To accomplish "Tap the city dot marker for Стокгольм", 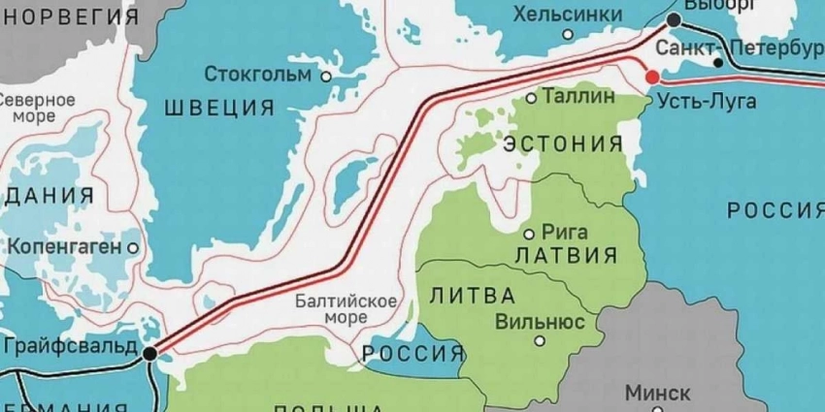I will pos(327,75).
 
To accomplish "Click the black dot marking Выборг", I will pos(674,20).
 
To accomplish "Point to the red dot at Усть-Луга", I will pos(652,77).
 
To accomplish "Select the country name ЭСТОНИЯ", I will pos(564,144).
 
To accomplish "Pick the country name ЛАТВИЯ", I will pos(566,257).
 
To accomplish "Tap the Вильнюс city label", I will pos(539,321).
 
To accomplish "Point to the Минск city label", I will pos(657,393).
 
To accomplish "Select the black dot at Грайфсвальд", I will pos(148,355).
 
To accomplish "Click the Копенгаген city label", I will pos(65,246).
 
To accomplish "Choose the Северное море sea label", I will pos(37,108).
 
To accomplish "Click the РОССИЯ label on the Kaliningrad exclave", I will pos(412,351).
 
